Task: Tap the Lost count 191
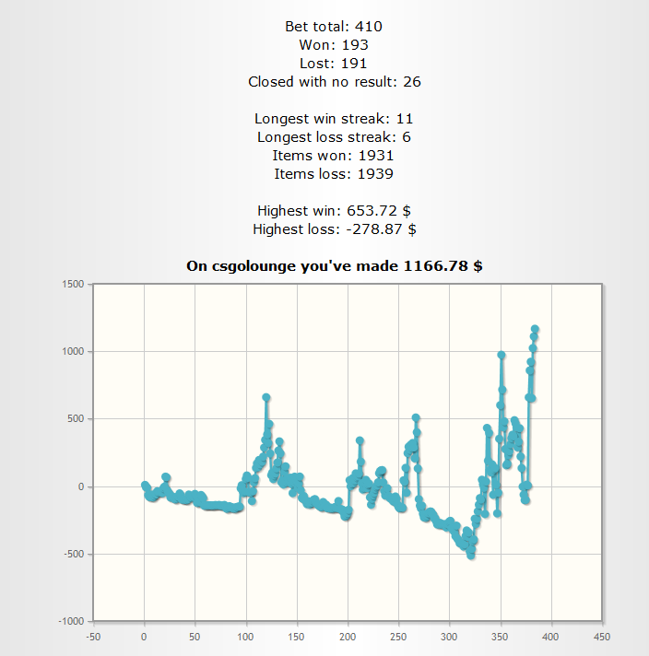click(355, 64)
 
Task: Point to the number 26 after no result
click(412, 82)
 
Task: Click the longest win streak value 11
click(404, 119)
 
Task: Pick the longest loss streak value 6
click(406, 137)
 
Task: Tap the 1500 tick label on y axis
click(72, 284)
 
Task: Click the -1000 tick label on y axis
click(70, 622)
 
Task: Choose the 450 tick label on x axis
click(602, 637)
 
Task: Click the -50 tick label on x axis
click(93, 637)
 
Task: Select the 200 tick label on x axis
click(348, 637)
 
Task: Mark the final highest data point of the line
click(535, 329)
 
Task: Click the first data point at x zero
click(145, 485)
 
